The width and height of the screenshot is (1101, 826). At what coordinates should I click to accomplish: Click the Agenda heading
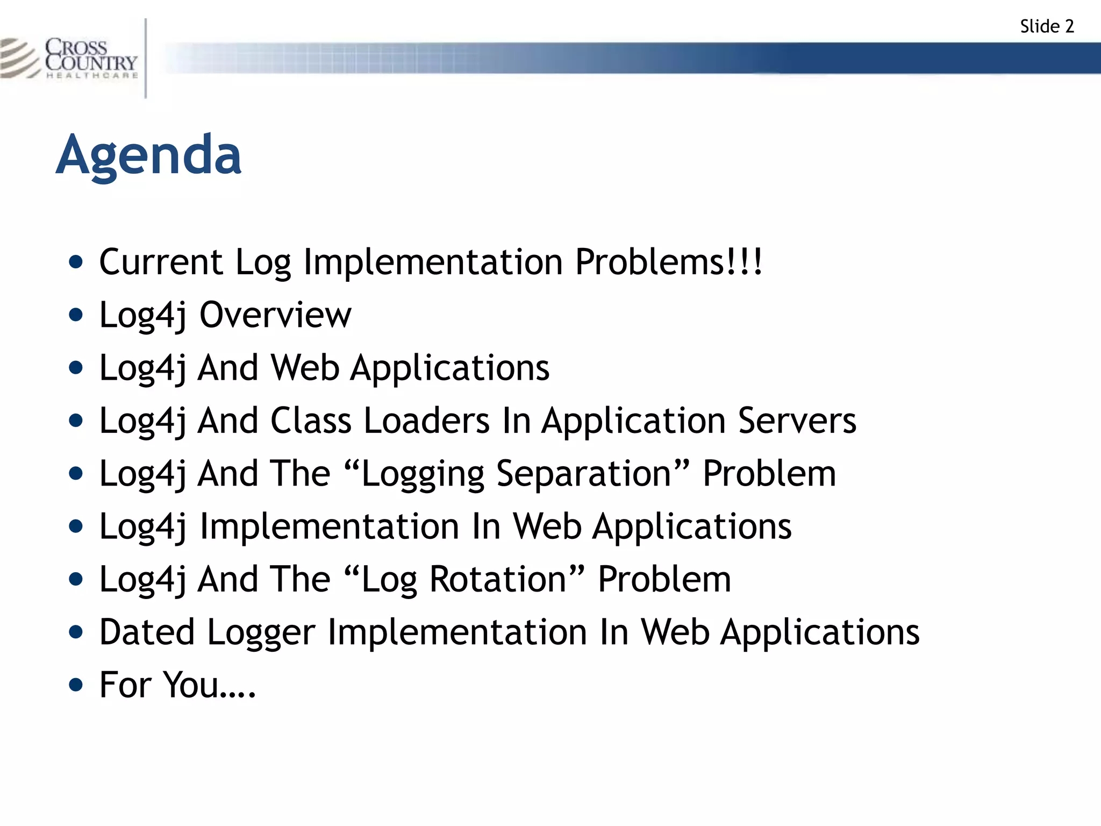tap(148, 156)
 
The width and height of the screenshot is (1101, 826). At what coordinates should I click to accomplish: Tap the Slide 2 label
tap(1046, 26)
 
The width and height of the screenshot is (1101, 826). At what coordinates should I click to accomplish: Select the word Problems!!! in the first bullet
tap(668, 262)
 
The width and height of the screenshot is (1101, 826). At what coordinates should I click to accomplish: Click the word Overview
tap(275, 315)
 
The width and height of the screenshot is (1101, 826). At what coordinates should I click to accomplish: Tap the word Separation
tap(584, 474)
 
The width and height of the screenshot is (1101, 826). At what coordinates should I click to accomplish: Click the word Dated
tap(147, 632)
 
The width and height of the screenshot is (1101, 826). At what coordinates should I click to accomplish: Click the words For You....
tap(177, 685)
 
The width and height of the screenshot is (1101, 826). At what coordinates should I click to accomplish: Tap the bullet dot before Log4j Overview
tap(76, 315)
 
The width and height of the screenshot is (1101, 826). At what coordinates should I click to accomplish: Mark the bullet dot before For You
tap(76, 685)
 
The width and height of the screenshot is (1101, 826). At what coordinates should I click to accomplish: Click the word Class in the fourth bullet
tap(310, 421)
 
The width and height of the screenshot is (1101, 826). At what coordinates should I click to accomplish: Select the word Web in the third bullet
tap(305, 368)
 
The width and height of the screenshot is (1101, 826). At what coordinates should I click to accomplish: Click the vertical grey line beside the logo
tap(146, 58)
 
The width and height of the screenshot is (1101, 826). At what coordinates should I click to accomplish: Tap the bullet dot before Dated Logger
tap(76, 632)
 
